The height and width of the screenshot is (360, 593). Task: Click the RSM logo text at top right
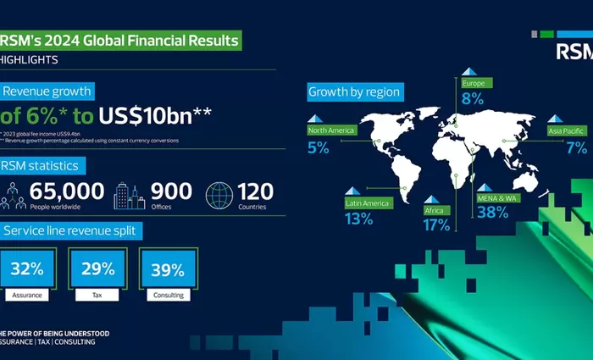[574, 53]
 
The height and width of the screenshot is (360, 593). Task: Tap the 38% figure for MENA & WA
[492, 212]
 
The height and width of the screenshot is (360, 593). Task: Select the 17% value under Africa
[437, 224]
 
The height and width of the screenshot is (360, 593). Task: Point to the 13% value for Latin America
[359, 219]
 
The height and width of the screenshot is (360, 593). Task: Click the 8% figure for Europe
[472, 99]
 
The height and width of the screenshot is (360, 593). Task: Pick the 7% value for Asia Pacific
[576, 147]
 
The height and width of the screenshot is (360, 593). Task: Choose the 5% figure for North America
[318, 147]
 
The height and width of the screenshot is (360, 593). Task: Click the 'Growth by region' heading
[354, 91]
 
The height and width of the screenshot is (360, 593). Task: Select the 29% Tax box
[98, 270]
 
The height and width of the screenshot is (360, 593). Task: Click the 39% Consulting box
[167, 270]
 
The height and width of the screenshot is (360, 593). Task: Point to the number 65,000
[68, 191]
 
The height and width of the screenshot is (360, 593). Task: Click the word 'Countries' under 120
[252, 207]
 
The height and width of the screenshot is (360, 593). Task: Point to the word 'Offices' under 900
[162, 207]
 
